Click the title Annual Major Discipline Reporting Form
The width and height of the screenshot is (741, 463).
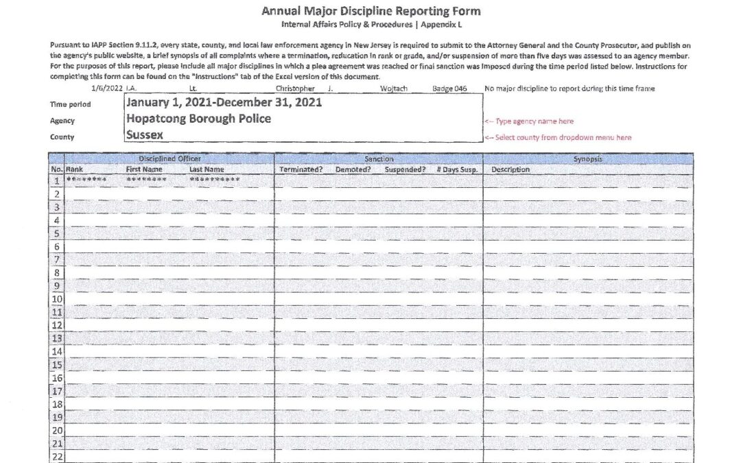(370, 11)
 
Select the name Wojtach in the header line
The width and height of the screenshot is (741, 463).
(394, 88)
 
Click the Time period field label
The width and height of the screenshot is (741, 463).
(71, 104)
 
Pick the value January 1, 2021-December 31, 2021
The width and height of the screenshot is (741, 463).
(224, 102)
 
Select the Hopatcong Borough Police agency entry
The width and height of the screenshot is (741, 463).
(198, 119)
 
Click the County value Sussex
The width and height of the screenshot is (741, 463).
(145, 135)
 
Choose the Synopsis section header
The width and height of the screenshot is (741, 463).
(587, 158)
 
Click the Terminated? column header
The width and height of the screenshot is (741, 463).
(301, 169)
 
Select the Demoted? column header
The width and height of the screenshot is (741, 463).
(354, 169)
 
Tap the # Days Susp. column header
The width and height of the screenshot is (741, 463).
(457, 169)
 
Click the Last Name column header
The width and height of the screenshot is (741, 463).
(207, 169)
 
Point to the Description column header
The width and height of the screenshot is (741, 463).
(510, 169)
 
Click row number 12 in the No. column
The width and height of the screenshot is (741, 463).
(58, 325)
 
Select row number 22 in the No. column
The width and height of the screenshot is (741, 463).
(58, 457)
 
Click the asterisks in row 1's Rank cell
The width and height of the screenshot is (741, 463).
(86, 180)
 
